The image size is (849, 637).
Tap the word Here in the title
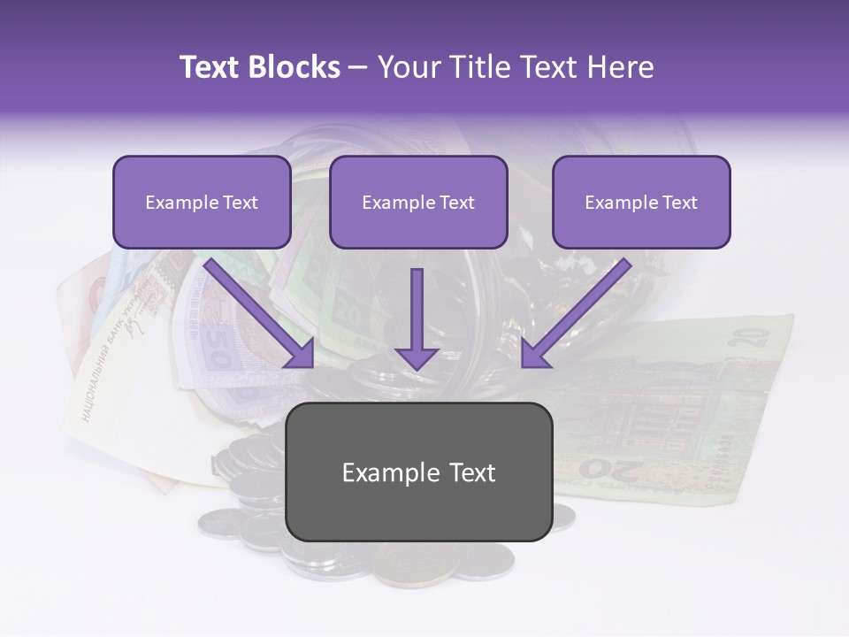coord(618,67)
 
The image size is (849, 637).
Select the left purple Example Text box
coord(202,203)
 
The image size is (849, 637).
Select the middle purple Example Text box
coord(418,203)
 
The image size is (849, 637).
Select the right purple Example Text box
coord(641,203)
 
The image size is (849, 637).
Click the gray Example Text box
coord(418,472)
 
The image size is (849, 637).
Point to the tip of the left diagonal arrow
coord(312,365)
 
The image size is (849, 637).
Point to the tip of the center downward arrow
coord(417,369)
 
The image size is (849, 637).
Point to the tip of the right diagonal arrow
coord(524,365)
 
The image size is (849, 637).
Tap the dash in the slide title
coord(358,67)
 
